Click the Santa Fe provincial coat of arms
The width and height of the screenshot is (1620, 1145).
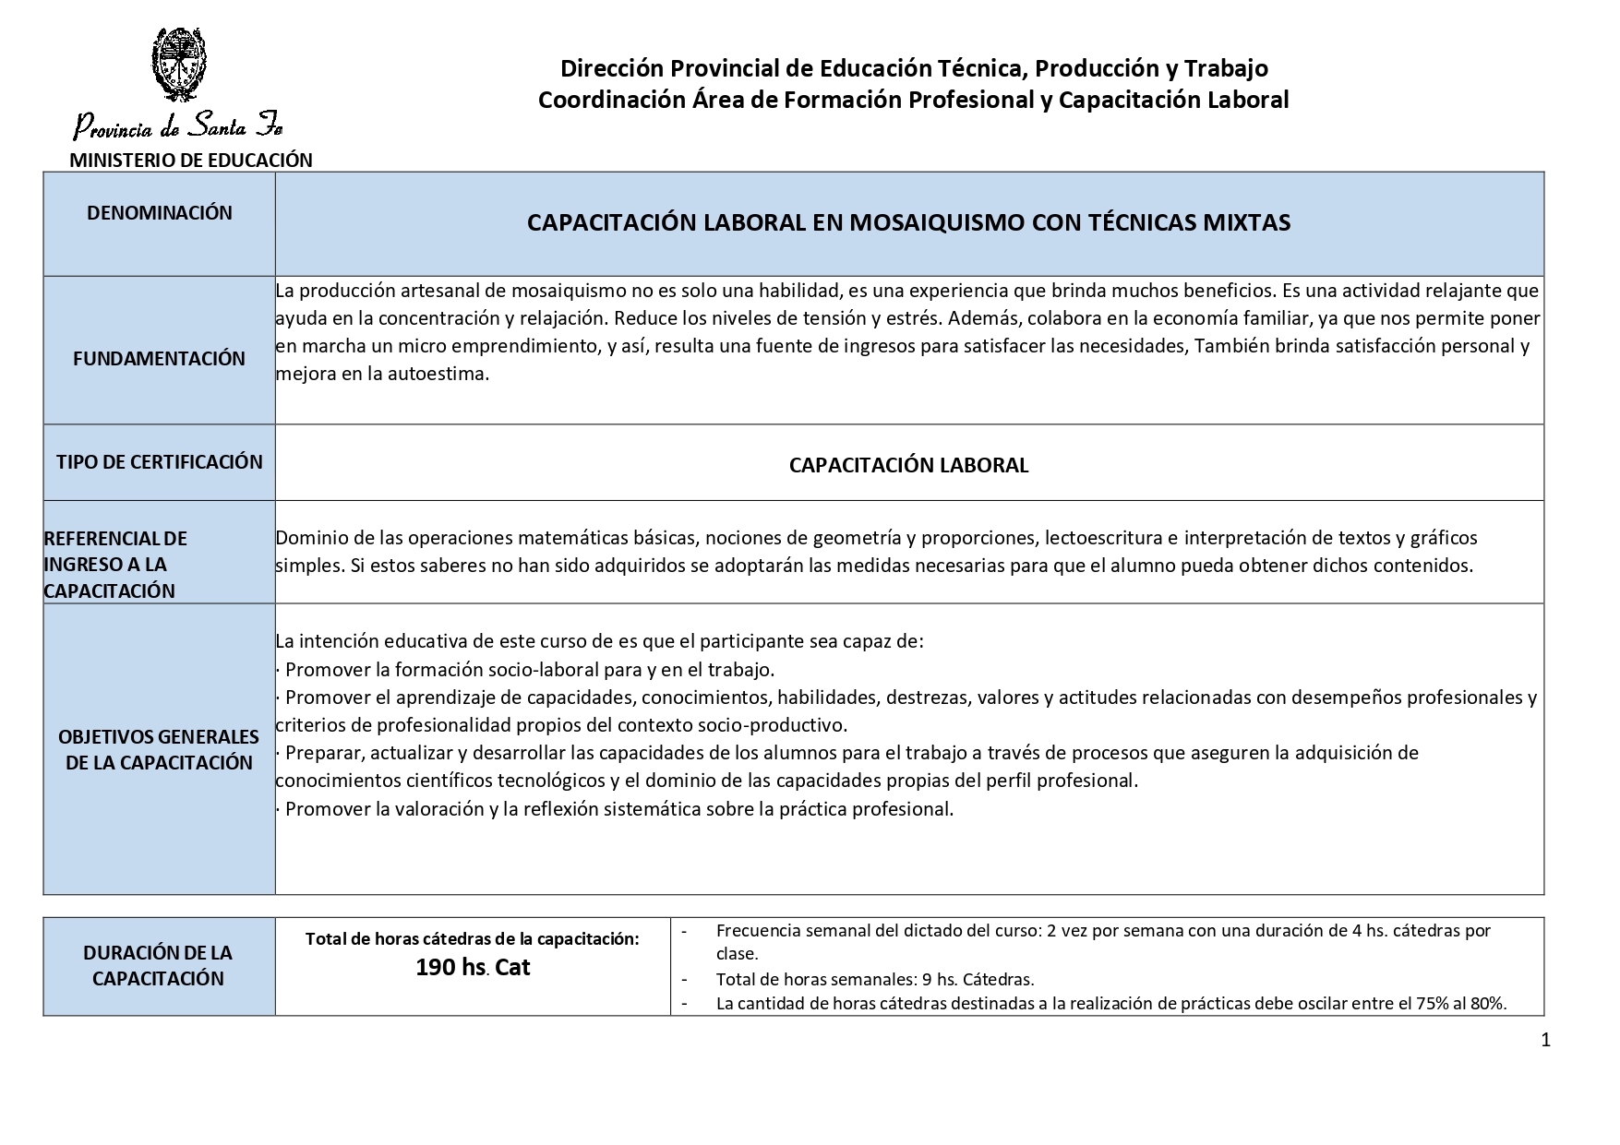pyautogui.click(x=178, y=64)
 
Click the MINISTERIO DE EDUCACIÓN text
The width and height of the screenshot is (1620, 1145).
pyautogui.click(x=191, y=160)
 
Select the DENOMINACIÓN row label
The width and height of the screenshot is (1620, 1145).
pyautogui.click(x=160, y=213)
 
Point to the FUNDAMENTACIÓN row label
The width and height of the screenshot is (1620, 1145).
pyautogui.click(x=160, y=359)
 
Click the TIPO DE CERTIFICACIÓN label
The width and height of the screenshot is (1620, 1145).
pyautogui.click(x=160, y=462)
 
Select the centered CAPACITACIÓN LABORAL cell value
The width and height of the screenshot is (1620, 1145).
pyautogui.click(x=908, y=465)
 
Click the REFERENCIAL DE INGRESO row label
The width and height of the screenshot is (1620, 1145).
pyautogui.click(x=115, y=564)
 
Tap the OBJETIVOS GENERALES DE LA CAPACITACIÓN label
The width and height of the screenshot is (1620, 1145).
pyautogui.click(x=159, y=749)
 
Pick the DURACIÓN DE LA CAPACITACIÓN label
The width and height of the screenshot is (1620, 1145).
pyautogui.click(x=158, y=965)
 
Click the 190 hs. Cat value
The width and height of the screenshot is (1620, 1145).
pyautogui.click(x=473, y=968)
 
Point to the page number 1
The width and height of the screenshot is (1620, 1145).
pyautogui.click(x=1545, y=1041)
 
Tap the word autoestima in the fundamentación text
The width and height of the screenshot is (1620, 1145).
pyautogui.click(x=441, y=375)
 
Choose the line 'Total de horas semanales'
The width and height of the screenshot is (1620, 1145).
pyautogui.click(x=874, y=979)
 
